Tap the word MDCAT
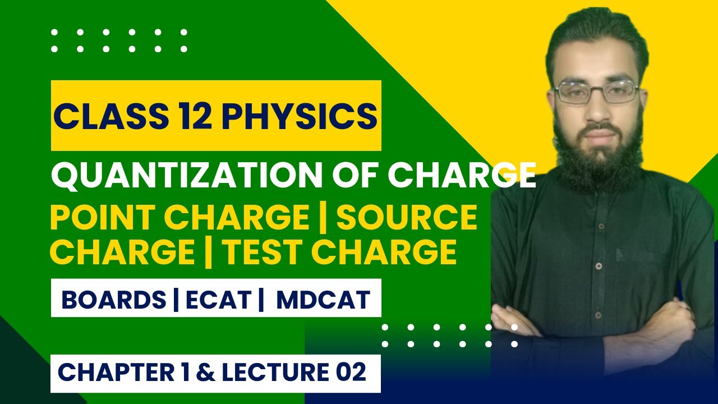click(323, 300)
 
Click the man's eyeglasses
click(597, 92)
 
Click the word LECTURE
click(269, 373)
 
